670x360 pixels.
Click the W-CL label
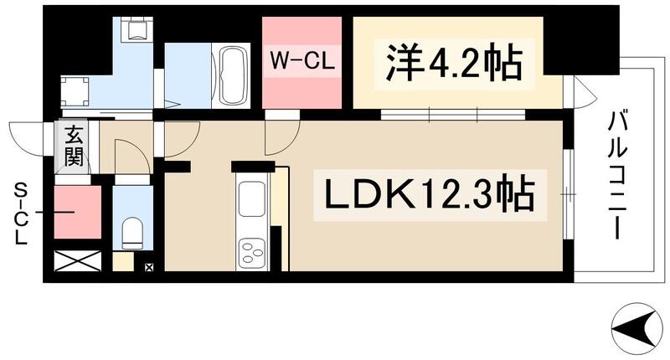(301, 60)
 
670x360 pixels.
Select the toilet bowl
(132, 231)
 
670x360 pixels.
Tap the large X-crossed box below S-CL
(77, 260)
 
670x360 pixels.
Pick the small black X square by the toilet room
(149, 268)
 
